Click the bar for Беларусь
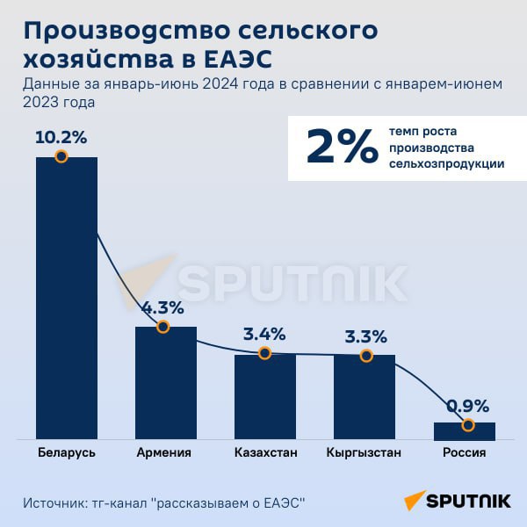66,299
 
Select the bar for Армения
165,383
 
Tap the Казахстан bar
264,396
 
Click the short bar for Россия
464,430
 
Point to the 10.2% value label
61,138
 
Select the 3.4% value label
263,335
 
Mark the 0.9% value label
467,406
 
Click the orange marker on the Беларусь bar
61,156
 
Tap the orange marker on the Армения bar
162,327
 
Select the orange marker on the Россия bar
467,425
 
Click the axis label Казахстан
265,453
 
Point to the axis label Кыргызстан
364,453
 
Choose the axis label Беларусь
67,453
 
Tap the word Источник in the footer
52,503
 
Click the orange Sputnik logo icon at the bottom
414,502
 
